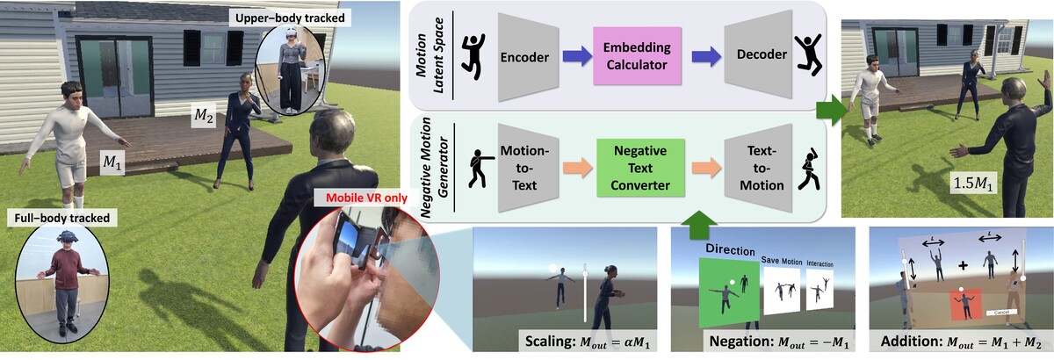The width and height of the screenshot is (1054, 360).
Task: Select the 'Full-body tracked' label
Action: [x=50, y=214]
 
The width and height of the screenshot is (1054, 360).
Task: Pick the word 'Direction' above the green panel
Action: [x=723, y=249]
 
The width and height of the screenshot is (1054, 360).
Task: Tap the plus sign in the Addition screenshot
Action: [x=962, y=264]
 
